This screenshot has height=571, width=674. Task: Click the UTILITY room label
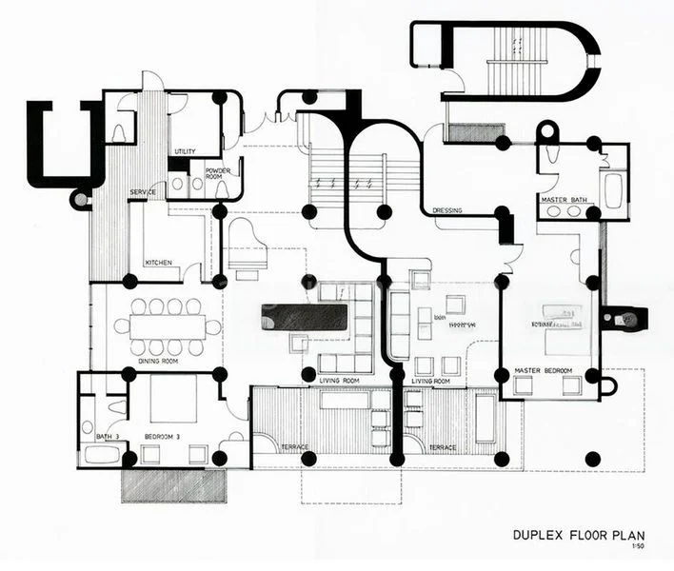tap(185, 152)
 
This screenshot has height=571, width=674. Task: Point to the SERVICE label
tap(143, 193)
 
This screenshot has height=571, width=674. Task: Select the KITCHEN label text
tap(158, 263)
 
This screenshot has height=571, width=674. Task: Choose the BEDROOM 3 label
tap(163, 436)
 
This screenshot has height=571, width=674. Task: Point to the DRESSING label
tap(447, 210)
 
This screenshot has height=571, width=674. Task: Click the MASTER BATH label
tap(561, 200)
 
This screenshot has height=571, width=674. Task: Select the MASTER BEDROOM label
tap(543, 370)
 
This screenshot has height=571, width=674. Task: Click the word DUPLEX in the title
tap(541, 535)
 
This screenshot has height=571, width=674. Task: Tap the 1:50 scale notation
tap(650, 547)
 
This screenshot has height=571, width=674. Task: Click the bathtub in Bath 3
tap(101, 454)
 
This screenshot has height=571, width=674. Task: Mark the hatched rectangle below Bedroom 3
tap(173, 485)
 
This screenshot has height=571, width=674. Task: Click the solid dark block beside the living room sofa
tap(304, 317)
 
